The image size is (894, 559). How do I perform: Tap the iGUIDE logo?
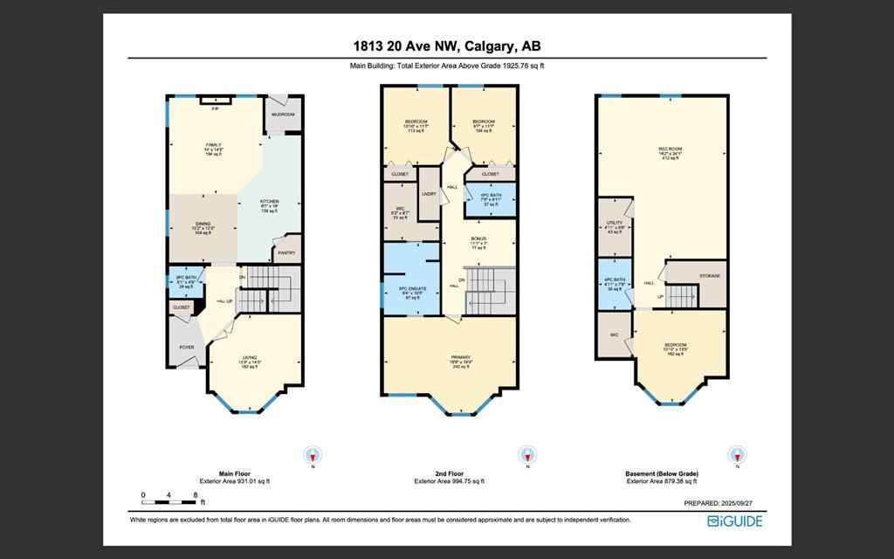point(734,521)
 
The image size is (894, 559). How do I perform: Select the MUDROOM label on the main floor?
point(283,114)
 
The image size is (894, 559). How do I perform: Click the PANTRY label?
point(285,253)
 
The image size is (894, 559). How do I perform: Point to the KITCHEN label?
point(269,202)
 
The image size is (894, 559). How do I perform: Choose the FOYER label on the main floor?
point(187,347)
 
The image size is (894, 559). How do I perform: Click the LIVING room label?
point(251,357)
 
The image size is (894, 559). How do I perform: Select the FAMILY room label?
point(213,144)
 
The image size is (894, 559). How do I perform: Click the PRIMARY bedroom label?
point(448,357)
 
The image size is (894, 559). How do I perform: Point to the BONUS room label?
point(478,238)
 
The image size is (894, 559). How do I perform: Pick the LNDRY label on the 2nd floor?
point(429,194)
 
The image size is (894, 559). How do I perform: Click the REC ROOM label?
point(669,149)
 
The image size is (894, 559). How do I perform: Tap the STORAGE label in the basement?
point(710,275)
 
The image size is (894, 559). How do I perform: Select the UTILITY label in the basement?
point(614,223)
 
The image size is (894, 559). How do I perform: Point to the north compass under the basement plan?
point(737,455)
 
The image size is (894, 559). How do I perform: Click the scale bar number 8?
point(195,495)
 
